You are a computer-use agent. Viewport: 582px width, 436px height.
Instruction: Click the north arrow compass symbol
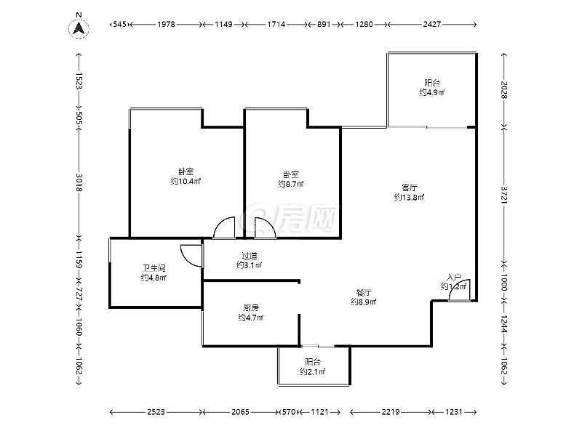[x=79, y=26]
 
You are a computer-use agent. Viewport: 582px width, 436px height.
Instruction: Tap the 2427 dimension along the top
[x=431, y=24]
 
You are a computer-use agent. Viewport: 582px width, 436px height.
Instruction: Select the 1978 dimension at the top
[x=166, y=24]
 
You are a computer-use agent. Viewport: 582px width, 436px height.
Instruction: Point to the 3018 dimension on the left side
[x=79, y=182]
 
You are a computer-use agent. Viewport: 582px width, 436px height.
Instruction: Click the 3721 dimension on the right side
[x=503, y=194]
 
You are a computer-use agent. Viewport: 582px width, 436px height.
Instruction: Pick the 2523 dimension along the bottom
[x=156, y=411]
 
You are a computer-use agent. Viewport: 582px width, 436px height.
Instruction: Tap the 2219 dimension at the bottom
[x=391, y=411]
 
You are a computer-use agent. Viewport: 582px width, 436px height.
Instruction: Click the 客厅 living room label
[x=409, y=187]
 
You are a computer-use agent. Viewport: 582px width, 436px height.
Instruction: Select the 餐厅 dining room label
[x=364, y=292]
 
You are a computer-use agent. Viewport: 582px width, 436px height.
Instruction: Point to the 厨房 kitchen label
[x=251, y=307]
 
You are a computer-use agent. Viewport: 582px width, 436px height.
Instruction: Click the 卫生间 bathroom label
[x=154, y=267]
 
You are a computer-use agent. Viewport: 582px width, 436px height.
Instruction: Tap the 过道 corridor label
[x=249, y=256]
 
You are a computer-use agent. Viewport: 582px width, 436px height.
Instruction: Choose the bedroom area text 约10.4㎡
[x=186, y=181]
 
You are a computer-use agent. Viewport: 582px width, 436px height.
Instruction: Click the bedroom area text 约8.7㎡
[x=290, y=184]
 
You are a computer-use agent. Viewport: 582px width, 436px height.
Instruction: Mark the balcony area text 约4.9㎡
[x=431, y=92]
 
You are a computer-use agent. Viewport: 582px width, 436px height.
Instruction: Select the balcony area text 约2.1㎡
[x=313, y=371]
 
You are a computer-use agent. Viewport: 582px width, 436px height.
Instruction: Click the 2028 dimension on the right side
[x=503, y=90]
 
